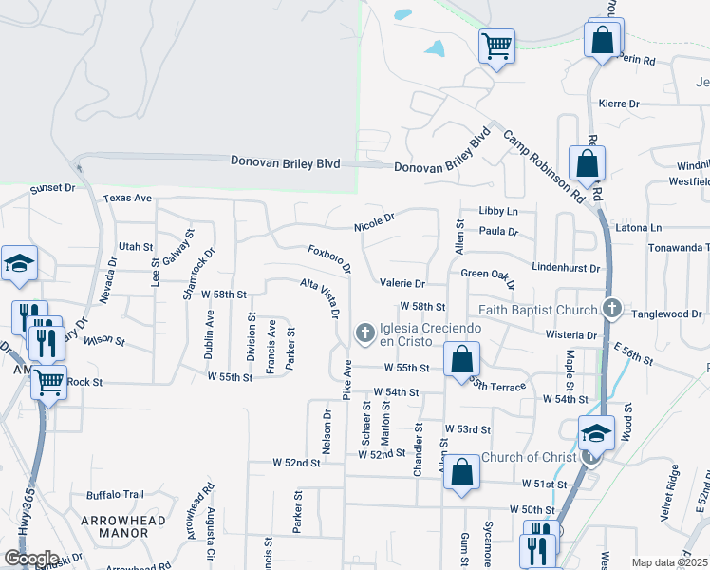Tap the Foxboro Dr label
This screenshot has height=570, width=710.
tap(329, 257)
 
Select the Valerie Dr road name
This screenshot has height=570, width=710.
tap(402, 283)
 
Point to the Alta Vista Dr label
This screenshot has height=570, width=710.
tap(320, 297)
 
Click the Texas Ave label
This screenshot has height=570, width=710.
tap(128, 199)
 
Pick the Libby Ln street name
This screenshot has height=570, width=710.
tap(498, 211)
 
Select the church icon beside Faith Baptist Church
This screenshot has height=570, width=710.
tap(612, 309)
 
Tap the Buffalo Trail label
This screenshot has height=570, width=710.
tap(115, 495)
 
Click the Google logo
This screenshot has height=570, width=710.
tap(31, 559)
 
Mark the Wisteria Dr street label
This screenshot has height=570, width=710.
tap(572, 335)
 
